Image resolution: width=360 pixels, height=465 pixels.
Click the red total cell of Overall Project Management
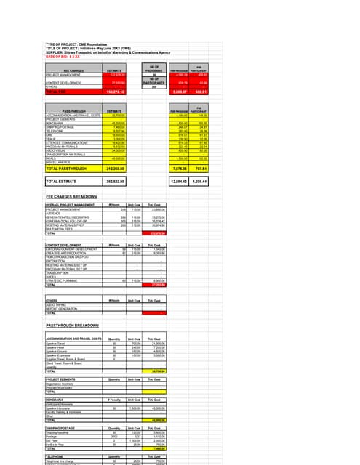pos(158,233)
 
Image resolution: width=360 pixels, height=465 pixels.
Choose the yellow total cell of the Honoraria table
pos(158,421)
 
